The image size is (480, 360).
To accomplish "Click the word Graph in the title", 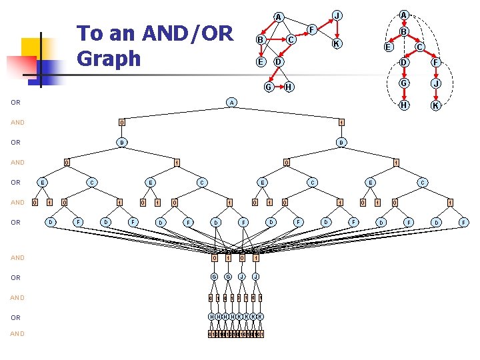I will coord(109,58).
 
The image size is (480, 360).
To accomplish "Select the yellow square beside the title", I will coord(31,48).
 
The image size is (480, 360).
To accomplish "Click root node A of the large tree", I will coord(231,103).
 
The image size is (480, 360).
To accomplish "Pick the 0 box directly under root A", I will coord(121,122).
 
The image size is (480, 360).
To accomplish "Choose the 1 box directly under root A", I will coord(341,122).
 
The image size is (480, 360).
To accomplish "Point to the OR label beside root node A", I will coord(15,103).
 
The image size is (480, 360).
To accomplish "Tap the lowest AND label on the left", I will coord(17,333).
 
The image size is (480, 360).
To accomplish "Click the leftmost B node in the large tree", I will coord(121,142).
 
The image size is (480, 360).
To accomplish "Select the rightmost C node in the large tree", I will coord(422,182).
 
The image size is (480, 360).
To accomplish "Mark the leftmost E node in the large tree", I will coord(43,182).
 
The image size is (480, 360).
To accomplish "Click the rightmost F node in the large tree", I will coord(463,222).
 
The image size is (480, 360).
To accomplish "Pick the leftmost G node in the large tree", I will coord(214,277).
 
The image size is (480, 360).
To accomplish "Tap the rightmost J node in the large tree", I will coord(255,277).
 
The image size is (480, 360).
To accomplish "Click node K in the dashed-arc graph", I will coord(435,106).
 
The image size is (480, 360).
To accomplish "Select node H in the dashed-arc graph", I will coord(403,105).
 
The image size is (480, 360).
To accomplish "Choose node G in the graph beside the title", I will coord(268,87).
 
